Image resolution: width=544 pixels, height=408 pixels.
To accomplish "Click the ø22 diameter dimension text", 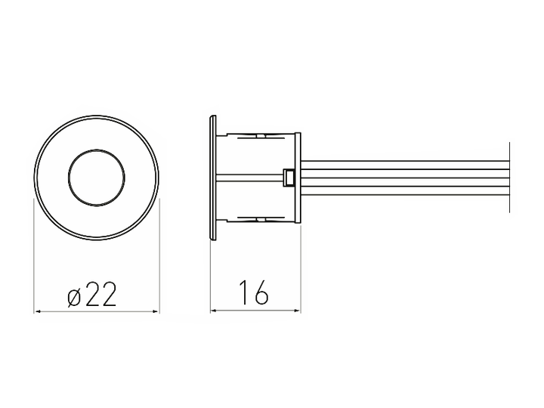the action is point(92,294).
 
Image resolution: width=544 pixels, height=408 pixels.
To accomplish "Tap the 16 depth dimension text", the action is point(254,292).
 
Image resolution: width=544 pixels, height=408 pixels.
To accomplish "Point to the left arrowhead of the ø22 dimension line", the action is point(38,311).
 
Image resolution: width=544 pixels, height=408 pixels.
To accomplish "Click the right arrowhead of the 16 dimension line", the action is point(297,311).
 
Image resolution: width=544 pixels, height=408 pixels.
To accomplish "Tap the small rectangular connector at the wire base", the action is point(289,178).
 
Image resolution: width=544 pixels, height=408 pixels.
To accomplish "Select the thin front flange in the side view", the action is point(212,178).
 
